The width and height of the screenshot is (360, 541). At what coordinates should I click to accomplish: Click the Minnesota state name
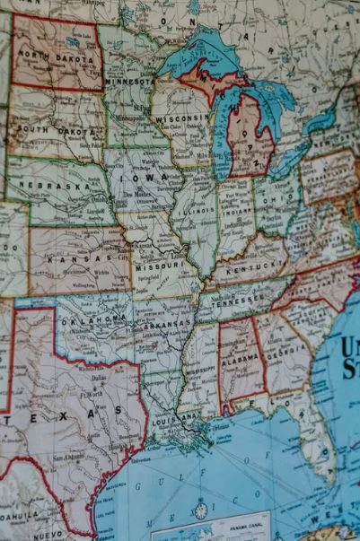pos(129,82)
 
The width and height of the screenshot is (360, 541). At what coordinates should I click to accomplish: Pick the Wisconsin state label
pos(180,119)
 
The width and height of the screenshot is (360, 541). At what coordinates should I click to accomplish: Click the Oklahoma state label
pos(92,318)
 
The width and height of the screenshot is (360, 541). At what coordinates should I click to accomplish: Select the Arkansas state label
pos(166,325)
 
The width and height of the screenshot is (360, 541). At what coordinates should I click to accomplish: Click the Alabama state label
pos(239,354)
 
